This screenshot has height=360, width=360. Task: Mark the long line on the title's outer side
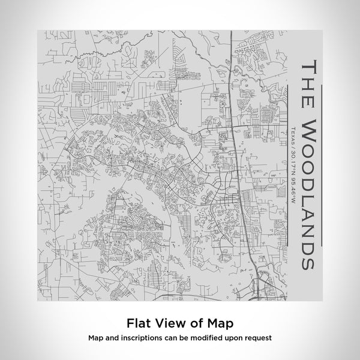click(x=322, y=162)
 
